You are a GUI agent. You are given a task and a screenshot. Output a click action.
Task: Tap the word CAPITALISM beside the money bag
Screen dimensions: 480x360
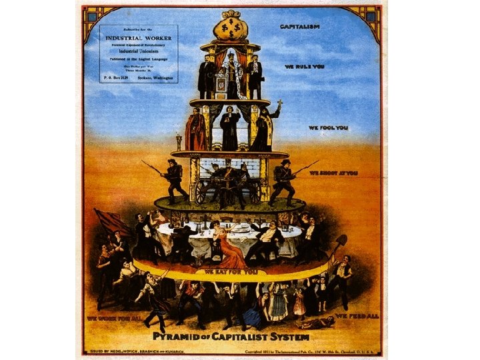tap(299, 26)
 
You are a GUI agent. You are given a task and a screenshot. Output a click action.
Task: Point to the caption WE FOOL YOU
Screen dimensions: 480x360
tap(328, 127)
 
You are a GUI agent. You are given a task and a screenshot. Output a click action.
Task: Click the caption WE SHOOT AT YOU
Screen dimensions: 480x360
tap(337, 173)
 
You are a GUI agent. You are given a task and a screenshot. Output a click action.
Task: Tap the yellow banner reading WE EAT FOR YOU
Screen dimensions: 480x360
tap(230, 272)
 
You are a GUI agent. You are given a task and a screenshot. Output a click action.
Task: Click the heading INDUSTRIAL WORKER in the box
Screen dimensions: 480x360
tap(139, 39)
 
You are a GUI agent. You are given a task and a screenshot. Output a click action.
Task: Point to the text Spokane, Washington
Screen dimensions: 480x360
tap(154, 78)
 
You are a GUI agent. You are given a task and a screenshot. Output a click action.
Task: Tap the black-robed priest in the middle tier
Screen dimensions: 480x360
tap(229, 127)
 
